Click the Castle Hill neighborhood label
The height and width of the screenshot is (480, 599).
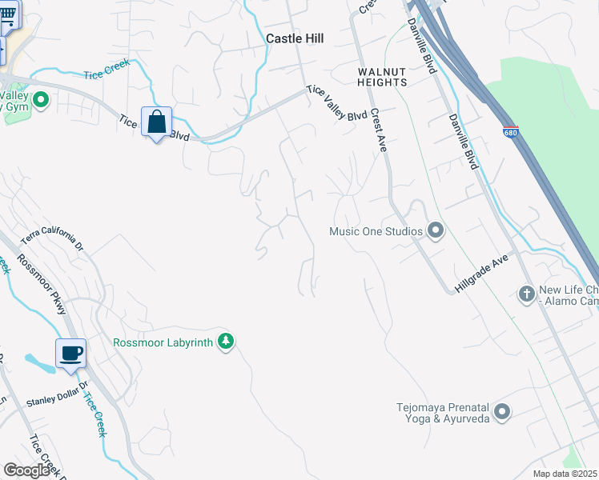coord(295,38)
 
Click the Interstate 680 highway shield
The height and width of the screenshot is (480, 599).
coord(510,131)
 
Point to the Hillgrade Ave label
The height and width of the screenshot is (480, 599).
coord(483,274)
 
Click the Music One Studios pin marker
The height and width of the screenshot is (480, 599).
coord(436,231)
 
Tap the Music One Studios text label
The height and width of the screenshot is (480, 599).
coord(376,232)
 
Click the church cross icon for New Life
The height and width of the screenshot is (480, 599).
coord(526,294)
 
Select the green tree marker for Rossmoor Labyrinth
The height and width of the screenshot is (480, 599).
coord(227,342)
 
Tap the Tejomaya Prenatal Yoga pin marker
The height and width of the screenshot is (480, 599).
coord(502,412)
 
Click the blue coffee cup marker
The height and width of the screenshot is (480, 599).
coord(70,354)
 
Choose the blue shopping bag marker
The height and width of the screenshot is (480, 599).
coord(156,123)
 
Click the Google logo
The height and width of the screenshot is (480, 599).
coord(26,470)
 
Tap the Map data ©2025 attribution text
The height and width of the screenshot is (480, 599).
coord(564,474)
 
